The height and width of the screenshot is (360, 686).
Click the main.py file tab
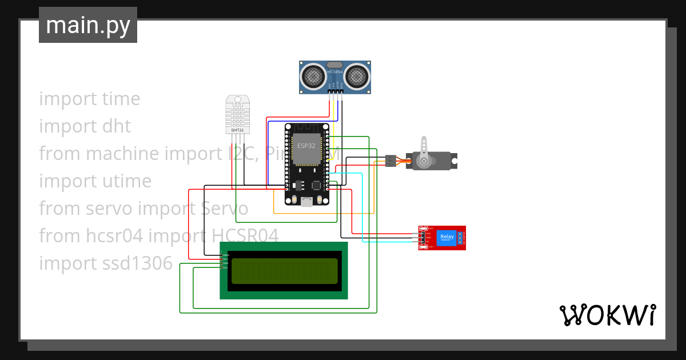click(x=87, y=25)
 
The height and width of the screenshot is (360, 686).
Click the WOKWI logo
click(x=607, y=315)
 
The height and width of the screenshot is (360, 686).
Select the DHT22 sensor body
click(x=237, y=114)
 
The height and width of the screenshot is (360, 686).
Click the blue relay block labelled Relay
click(x=446, y=237)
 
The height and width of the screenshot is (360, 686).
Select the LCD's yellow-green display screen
click(x=284, y=271)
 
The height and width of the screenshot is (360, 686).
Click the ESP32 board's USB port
click(x=307, y=201)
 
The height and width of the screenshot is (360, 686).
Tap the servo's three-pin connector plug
click(x=390, y=161)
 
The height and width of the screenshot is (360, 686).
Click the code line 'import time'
click(x=90, y=99)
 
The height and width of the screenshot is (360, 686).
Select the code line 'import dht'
click(x=85, y=126)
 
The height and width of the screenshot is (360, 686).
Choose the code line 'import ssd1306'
click(x=106, y=263)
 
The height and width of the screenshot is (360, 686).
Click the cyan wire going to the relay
click(x=362, y=217)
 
